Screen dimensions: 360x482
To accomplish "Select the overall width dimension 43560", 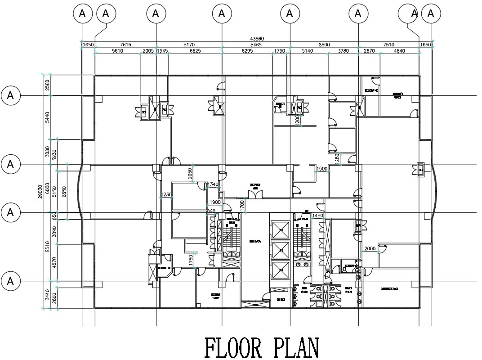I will click(x=256, y=39).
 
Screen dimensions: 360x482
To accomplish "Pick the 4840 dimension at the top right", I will click(x=399, y=51).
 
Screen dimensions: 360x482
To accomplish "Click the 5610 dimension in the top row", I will click(x=117, y=51).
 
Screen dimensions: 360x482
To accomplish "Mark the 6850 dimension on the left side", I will click(x=64, y=191).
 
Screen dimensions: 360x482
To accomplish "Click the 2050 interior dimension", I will click(x=190, y=173).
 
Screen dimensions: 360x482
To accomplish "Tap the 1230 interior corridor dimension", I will click(x=166, y=195).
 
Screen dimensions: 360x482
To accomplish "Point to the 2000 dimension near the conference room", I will click(x=370, y=249).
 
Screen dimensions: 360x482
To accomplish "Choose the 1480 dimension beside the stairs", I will click(x=318, y=216).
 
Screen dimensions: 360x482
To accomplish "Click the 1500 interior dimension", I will click(x=321, y=169).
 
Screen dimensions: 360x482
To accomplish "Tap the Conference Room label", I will click(x=389, y=289).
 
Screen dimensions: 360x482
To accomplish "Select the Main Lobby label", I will click(x=255, y=242).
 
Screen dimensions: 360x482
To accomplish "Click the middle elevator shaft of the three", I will click(x=281, y=250).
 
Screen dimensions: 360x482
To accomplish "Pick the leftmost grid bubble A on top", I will click(x=82, y=14).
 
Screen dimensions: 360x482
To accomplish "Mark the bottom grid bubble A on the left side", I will click(x=11, y=281).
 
